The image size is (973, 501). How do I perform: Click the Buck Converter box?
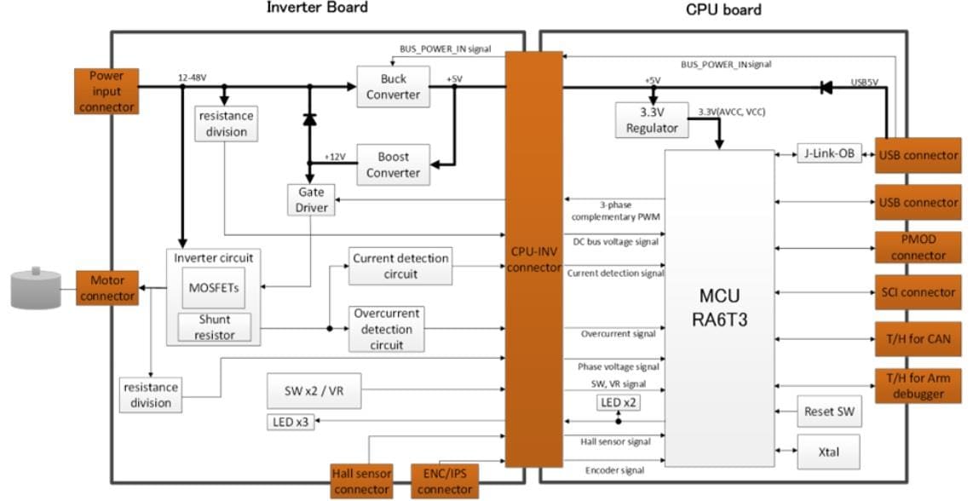[x=393, y=86]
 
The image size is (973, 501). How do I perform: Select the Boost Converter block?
[x=393, y=164]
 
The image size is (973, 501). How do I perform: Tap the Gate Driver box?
[x=311, y=199]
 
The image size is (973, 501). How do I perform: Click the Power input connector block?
[x=107, y=91]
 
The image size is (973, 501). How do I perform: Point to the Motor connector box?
[x=107, y=288]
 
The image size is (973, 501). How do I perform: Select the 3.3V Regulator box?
[x=652, y=119]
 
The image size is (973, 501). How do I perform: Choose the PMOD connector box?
[x=918, y=247]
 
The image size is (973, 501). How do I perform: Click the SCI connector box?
[x=918, y=292]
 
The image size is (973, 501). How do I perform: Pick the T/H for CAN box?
[x=918, y=338]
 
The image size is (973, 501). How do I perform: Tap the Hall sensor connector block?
[x=361, y=481]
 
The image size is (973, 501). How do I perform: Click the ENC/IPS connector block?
[x=443, y=481]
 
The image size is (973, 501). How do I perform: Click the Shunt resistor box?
[x=215, y=327]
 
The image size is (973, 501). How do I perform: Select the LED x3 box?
[x=291, y=421]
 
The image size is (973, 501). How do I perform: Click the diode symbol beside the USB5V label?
[x=824, y=86]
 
